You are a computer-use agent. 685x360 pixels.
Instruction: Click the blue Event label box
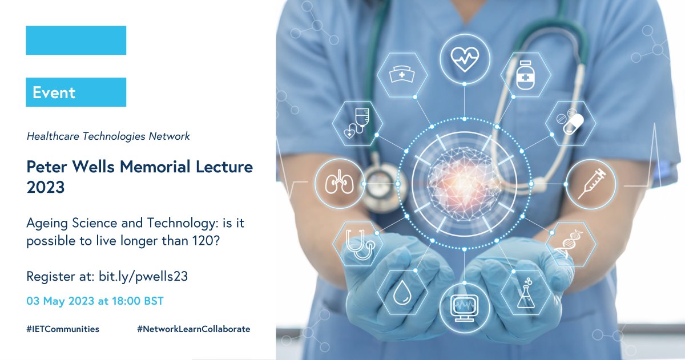pyautogui.click(x=75, y=92)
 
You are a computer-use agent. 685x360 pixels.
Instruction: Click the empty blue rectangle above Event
pyautogui.click(x=75, y=40)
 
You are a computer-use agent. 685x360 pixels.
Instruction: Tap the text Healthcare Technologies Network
pyautogui.click(x=108, y=136)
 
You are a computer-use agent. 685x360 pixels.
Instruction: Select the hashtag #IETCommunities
pyautogui.click(x=63, y=329)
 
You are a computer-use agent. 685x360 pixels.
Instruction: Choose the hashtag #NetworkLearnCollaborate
pyautogui.click(x=194, y=329)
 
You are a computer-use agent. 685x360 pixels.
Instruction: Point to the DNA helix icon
pyautogui.click(x=571, y=244)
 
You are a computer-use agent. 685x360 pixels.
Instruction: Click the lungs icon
pyautogui.click(x=339, y=184)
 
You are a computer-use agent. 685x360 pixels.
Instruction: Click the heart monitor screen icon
pyautogui.click(x=464, y=308)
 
